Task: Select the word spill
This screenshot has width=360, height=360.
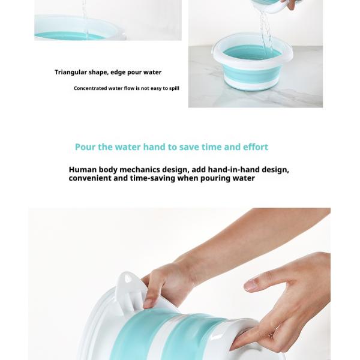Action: (173, 88)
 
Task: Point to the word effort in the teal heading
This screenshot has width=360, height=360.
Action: (256, 147)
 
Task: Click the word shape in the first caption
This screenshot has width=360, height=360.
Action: (98, 73)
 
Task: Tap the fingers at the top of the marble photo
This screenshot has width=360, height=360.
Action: (290, 5)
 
